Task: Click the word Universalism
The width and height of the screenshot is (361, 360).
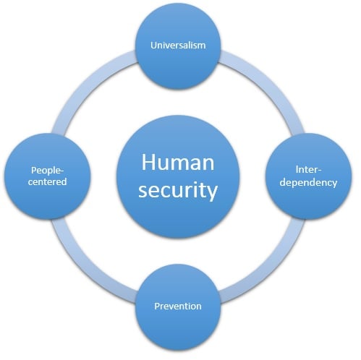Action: click(178, 45)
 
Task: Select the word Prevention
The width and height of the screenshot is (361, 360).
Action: click(178, 306)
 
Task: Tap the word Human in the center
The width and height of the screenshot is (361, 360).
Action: click(178, 162)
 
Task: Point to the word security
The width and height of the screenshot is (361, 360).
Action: click(178, 191)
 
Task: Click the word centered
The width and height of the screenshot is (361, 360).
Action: click(47, 181)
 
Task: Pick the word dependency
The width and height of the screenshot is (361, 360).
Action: click(308, 183)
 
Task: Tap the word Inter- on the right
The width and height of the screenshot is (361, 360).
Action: click(308, 170)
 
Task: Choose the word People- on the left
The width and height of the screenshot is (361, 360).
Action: click(47, 171)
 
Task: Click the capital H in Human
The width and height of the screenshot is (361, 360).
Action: click(148, 162)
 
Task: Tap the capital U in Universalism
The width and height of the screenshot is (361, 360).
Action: click(153, 46)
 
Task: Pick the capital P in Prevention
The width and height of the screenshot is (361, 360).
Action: click(157, 306)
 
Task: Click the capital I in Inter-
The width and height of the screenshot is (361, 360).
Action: click(297, 170)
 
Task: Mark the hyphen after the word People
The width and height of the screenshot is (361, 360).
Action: click(61, 171)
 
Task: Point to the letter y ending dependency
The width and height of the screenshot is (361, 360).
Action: click(334, 184)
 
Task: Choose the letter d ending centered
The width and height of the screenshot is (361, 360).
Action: click(64, 181)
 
